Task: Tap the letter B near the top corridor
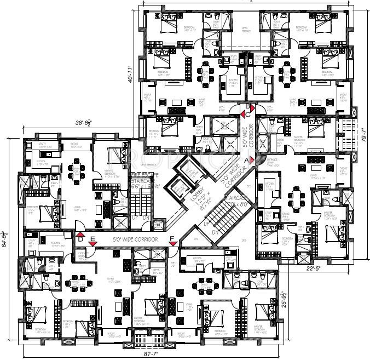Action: pos(248,107)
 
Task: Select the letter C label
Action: pos(248,115)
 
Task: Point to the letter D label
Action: pos(80,239)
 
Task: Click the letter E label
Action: pos(93,238)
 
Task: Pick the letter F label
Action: pos(172,238)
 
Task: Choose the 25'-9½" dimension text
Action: pos(283,301)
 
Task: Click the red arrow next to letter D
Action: pos(80,233)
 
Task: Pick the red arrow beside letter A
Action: pos(252,160)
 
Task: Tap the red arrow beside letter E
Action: pos(93,245)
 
